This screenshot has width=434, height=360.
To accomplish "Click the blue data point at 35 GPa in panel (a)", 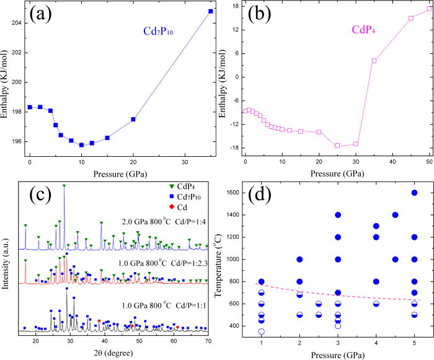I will pyautogui.click(x=211, y=11).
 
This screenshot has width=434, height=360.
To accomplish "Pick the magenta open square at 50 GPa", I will pyautogui.click(x=429, y=8).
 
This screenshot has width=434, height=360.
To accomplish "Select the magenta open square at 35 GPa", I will pyautogui.click(x=374, y=61).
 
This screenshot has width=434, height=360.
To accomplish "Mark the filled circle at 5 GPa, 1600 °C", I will pyautogui.click(x=414, y=193).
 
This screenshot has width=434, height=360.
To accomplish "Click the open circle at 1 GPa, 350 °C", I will pyautogui.click(x=262, y=331).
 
